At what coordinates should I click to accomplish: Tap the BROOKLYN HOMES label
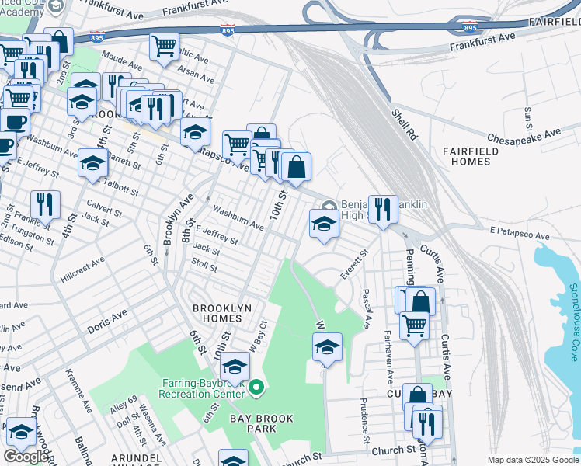[x=222, y=313]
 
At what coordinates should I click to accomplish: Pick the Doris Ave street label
[x=106, y=323]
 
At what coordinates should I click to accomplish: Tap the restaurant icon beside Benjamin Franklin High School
[x=383, y=210]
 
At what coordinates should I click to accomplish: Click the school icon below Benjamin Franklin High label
[x=324, y=224]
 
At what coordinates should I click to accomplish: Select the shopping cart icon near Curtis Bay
[x=415, y=325]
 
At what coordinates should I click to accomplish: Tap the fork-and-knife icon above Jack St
[x=46, y=205]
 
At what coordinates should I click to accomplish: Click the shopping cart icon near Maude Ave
[x=165, y=47]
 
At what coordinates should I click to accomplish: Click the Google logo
[x=26, y=457]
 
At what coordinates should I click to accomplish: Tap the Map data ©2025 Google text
[x=534, y=460]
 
